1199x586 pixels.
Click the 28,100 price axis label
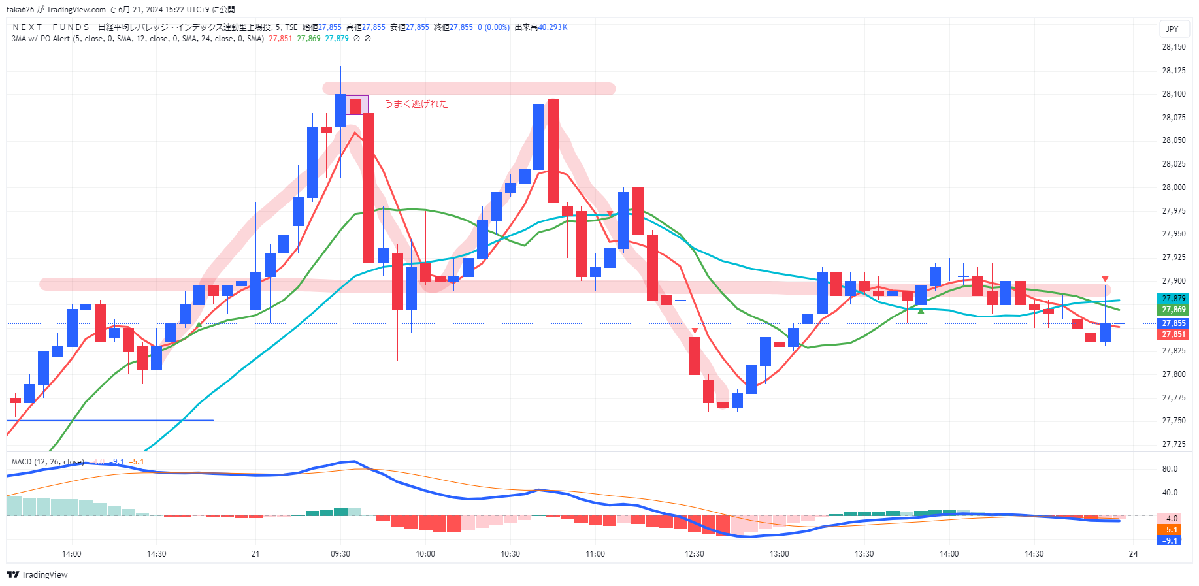tap(1174, 94)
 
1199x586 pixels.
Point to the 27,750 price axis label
tap(1174, 421)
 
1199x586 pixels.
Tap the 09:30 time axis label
tap(340, 554)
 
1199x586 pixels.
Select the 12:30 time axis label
tap(695, 554)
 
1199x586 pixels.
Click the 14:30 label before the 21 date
tap(157, 554)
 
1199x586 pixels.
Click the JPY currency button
tap(1172, 29)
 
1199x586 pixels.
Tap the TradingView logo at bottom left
tap(37, 574)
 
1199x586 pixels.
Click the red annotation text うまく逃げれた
tap(416, 104)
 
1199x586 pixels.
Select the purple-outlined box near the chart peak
tap(357, 105)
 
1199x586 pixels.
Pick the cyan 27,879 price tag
tap(1174, 299)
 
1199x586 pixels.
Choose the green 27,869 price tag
tap(1174, 310)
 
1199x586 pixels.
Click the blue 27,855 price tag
tap(1174, 323)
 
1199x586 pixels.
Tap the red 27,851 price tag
tap(1174, 334)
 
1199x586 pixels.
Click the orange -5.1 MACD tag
tap(1170, 530)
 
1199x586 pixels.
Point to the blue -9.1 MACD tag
tap(1170, 540)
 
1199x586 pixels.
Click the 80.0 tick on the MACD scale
tap(1170, 469)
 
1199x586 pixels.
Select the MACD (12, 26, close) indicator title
tap(48, 462)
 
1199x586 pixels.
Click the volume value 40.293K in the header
tap(553, 27)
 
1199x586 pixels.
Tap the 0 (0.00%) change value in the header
tap(493, 27)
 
